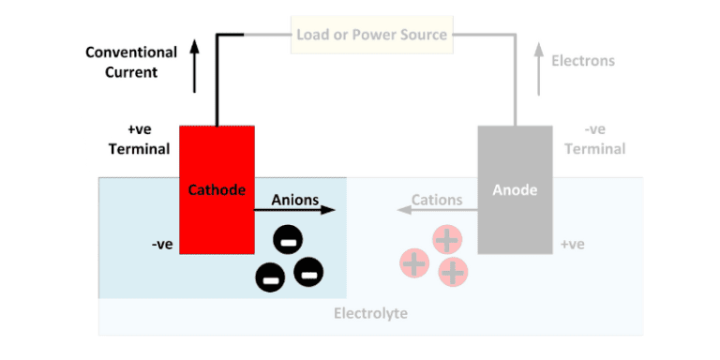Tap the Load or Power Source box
[371, 36]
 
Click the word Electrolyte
[370, 313]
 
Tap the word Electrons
[583, 61]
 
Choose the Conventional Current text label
[131, 62]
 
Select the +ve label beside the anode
[572, 245]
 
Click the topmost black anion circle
[287, 241]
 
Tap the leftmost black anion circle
[269, 277]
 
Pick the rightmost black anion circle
[308, 272]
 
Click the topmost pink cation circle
[447, 240]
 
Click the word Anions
[294, 200]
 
